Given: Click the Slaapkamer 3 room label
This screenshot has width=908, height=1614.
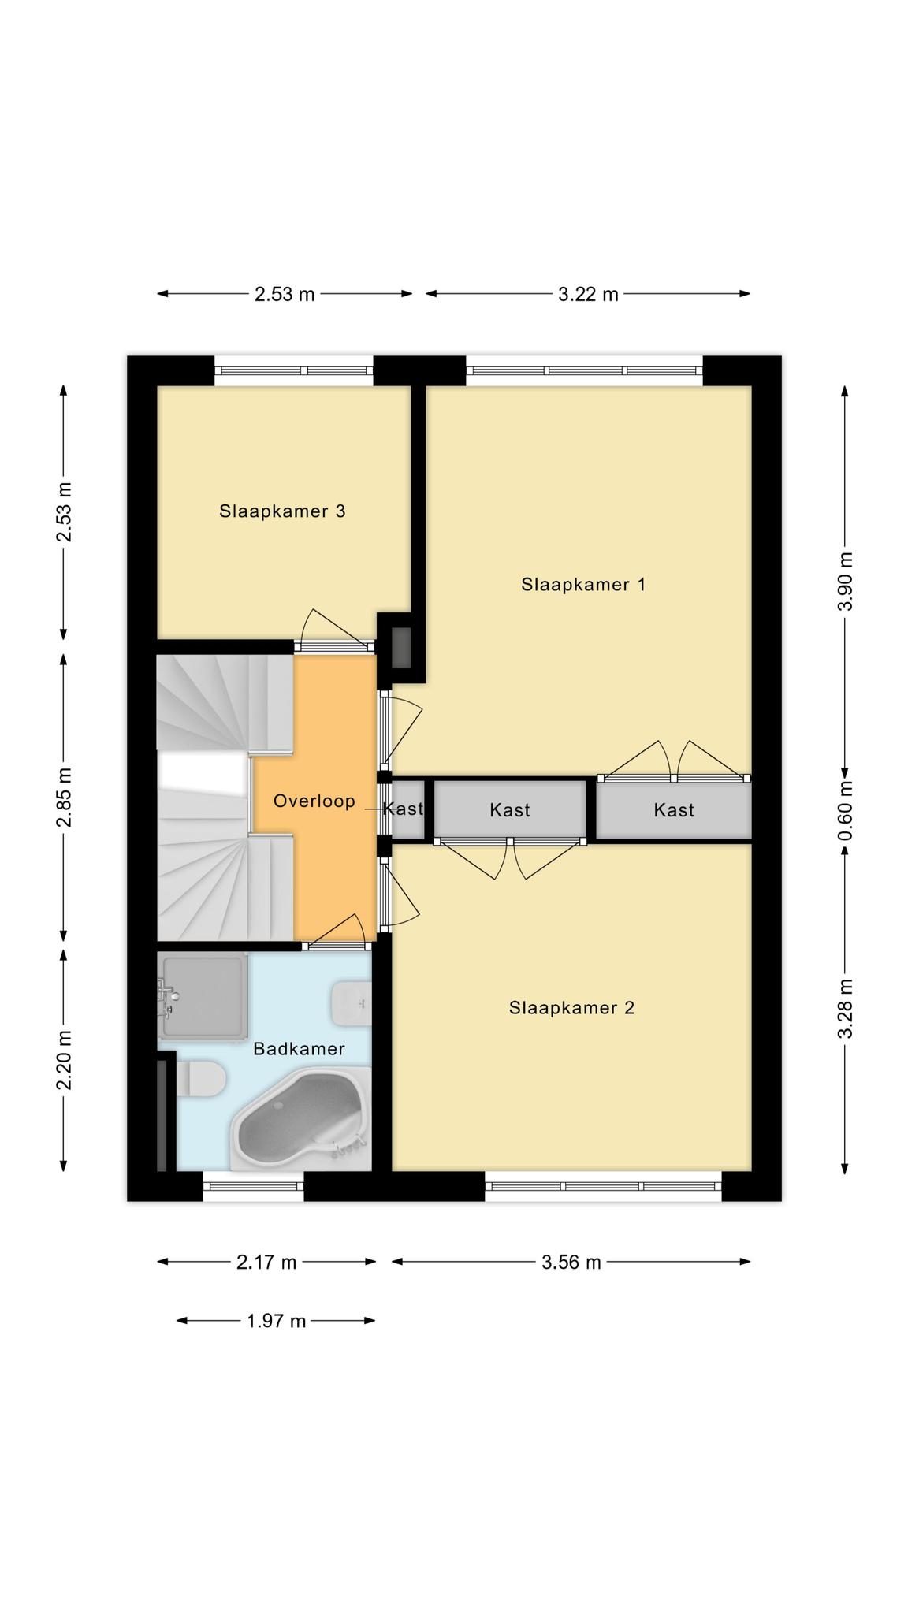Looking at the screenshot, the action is coord(282,511).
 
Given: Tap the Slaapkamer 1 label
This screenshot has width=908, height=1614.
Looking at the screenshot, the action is coord(583,584).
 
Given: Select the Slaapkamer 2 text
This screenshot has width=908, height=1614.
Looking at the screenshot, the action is coord(571,1007).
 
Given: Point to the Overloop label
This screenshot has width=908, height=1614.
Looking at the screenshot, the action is coord(314,801).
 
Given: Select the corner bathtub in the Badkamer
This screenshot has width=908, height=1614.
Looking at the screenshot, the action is coord(300,1118).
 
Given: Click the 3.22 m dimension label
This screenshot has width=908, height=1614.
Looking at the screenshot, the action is coord(588,295).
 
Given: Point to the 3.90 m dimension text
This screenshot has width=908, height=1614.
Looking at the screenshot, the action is coord(846,581).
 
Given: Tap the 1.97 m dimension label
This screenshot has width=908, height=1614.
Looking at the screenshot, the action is coord(276,1320).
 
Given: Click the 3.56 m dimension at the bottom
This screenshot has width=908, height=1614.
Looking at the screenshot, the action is coord(571,1262).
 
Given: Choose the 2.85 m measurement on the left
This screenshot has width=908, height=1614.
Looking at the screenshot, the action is coord(64,797).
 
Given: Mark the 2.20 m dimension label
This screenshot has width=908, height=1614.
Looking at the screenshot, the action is coord(64,1060).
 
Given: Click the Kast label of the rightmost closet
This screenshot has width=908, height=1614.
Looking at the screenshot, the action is coord(674,809).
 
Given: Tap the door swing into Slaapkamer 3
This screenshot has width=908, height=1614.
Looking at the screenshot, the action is coord(335,628).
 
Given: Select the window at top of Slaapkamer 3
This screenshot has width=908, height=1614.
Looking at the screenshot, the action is coord(294,370).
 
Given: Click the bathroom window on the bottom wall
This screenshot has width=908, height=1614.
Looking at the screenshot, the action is coord(253,1186).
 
